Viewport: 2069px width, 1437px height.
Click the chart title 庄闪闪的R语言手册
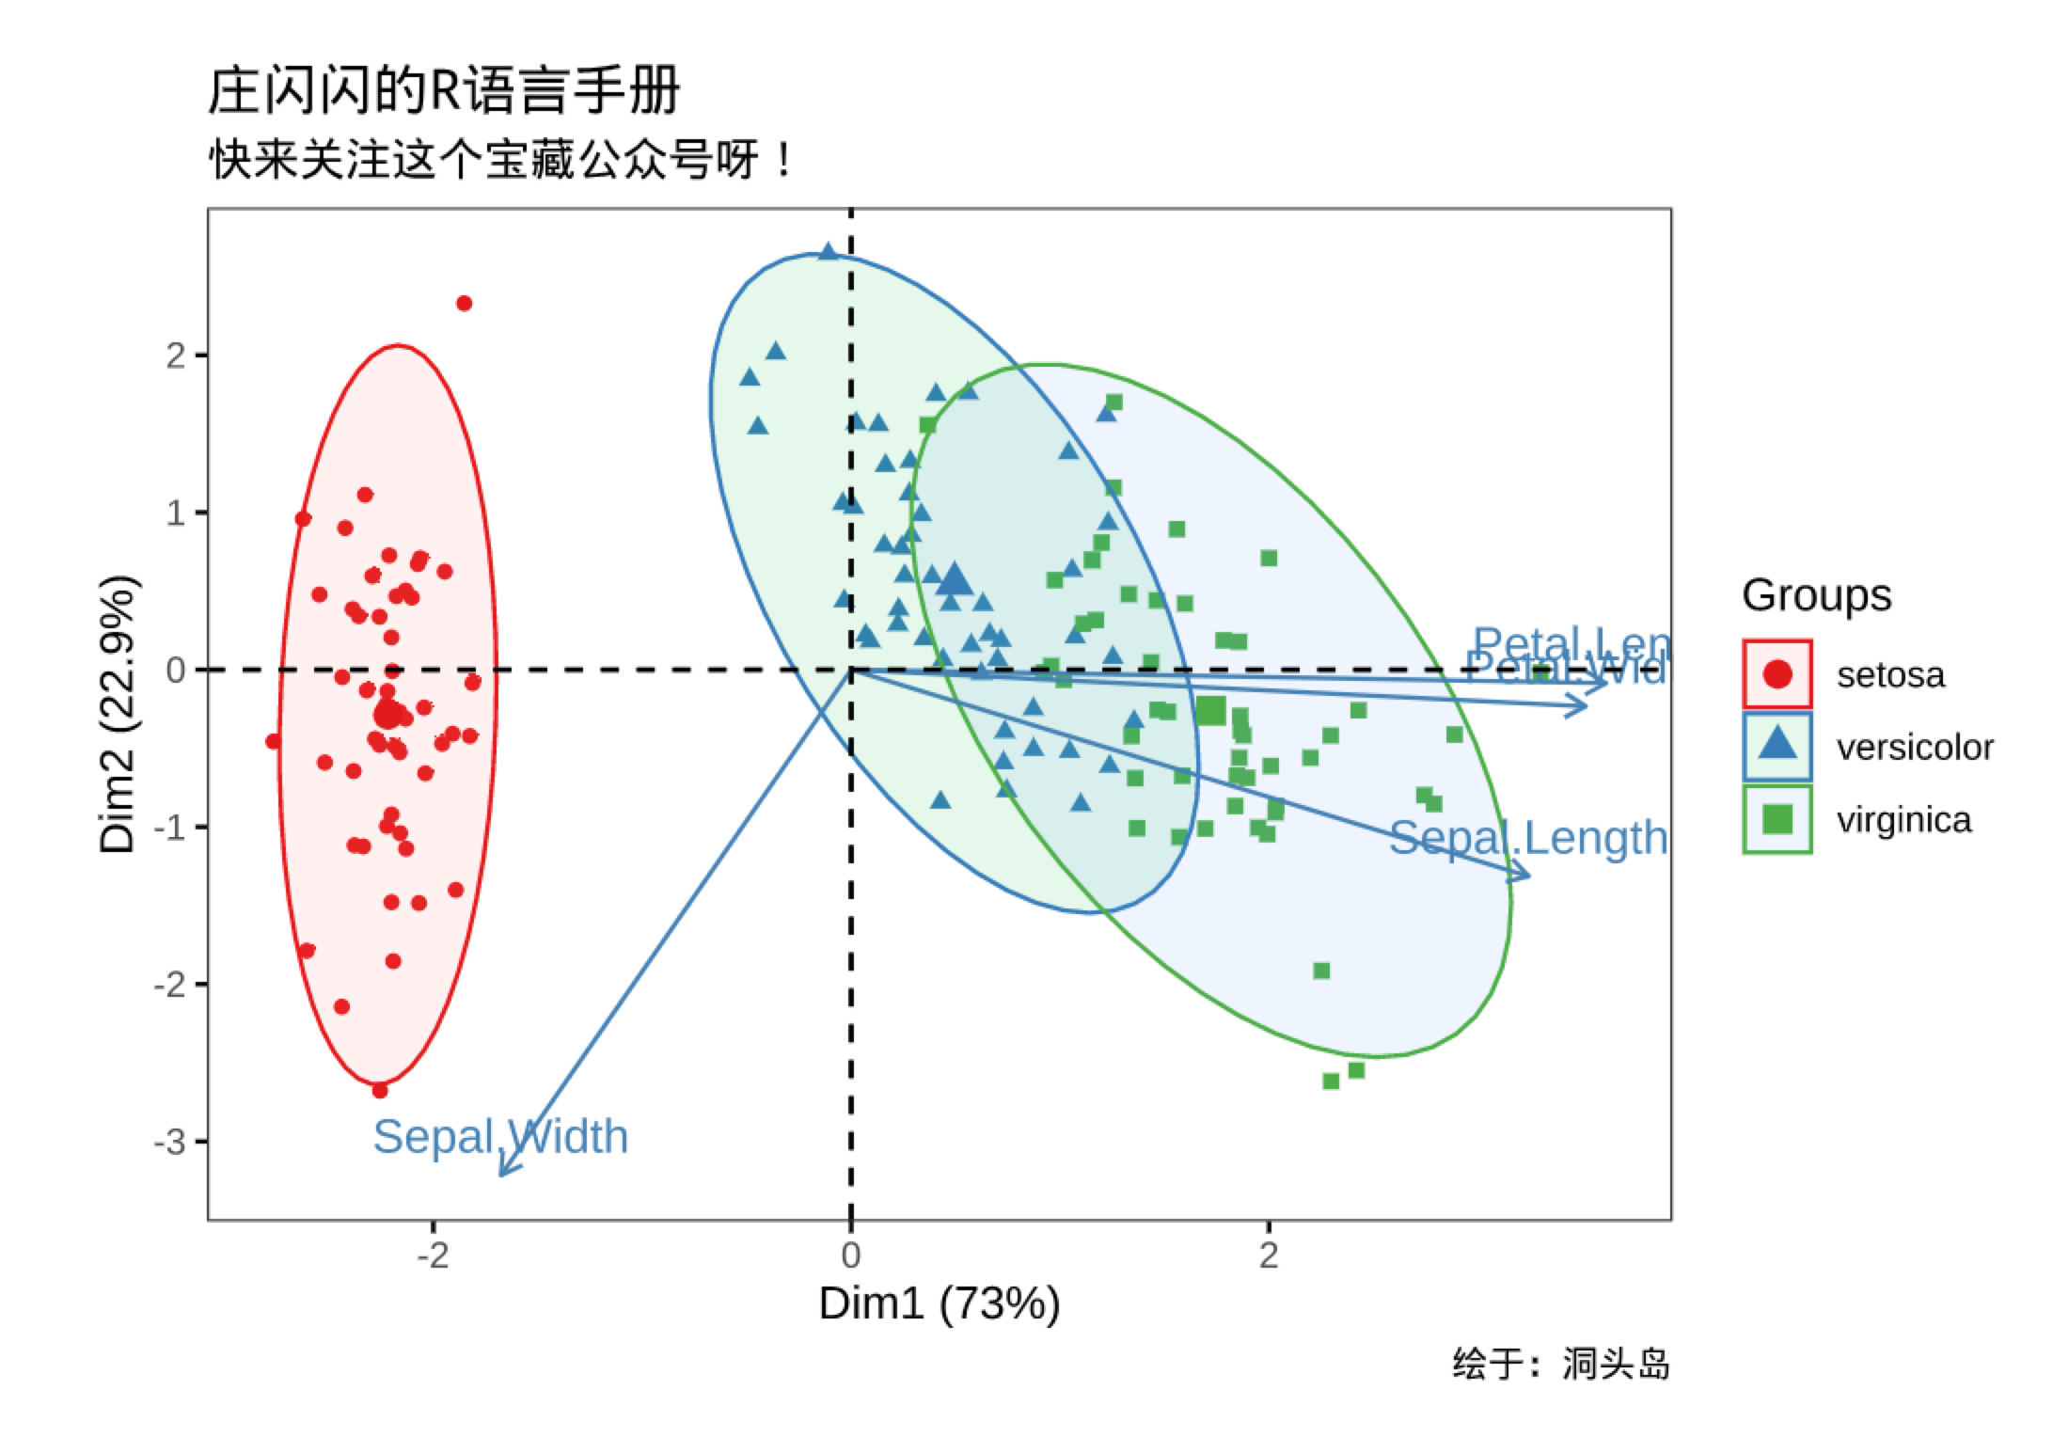[443, 91]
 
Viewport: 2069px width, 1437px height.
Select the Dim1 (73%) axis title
[939, 1303]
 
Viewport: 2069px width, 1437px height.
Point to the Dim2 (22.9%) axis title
[118, 714]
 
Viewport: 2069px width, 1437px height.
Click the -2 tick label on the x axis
[433, 1255]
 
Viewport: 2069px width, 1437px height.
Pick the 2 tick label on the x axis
[1269, 1255]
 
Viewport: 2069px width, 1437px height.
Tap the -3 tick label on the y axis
[169, 1142]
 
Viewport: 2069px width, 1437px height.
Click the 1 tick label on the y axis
[175, 513]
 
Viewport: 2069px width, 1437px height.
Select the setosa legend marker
[1777, 674]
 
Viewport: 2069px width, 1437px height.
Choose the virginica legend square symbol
[1777, 819]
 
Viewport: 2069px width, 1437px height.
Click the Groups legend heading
[1816, 595]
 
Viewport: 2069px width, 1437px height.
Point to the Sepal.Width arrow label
[500, 1136]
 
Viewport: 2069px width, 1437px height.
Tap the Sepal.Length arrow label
[1528, 838]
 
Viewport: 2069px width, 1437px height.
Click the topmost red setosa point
[464, 304]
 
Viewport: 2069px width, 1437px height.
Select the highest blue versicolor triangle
[828, 252]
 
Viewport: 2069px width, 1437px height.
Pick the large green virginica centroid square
[1211, 711]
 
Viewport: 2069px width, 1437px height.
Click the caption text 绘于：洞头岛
[1560, 1364]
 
